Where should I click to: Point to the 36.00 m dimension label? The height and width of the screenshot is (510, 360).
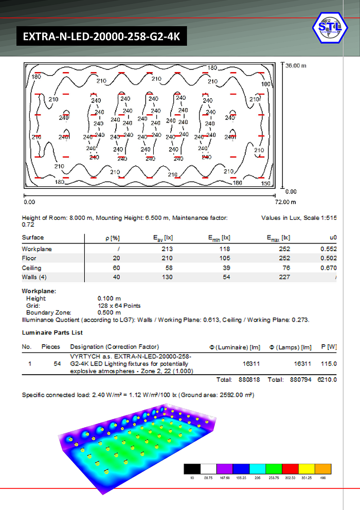pyautogui.click(x=296, y=66)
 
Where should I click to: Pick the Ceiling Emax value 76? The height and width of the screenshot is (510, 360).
pyautogui.click(x=286, y=268)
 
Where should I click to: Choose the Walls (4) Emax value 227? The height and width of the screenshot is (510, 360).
pyautogui.click(x=284, y=277)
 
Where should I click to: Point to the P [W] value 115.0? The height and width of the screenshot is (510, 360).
pyautogui.click(x=330, y=363)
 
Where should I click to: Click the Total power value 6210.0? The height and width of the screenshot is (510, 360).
pyautogui.click(x=327, y=380)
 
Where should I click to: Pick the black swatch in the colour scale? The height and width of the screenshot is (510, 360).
pyautogui.click(x=192, y=468)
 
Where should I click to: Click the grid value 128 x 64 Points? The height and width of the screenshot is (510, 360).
pyautogui.click(x=118, y=305)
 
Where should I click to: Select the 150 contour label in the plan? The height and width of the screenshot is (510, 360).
pyautogui.click(x=265, y=183)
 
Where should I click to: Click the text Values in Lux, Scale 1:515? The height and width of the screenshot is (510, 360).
pyautogui.click(x=298, y=218)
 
